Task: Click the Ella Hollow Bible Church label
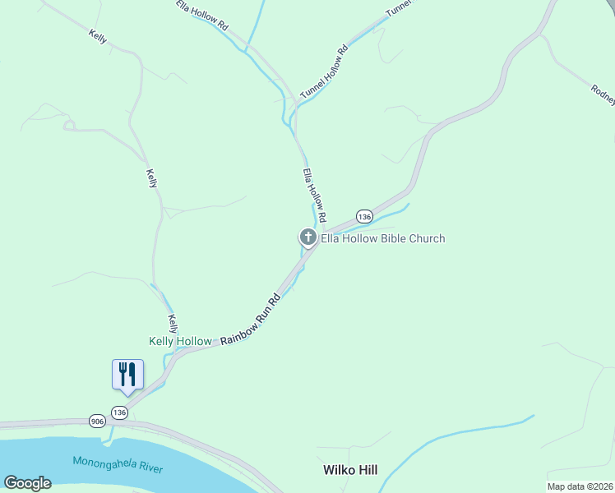click(x=382, y=239)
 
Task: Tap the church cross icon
click(x=308, y=238)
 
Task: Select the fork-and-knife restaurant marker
click(x=127, y=374)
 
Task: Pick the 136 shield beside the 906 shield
click(x=120, y=412)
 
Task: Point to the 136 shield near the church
click(x=364, y=216)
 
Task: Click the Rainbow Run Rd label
click(x=250, y=318)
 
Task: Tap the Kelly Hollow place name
click(x=180, y=341)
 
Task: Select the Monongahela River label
click(x=117, y=464)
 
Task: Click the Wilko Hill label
click(x=349, y=470)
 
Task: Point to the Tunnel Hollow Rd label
click(x=324, y=72)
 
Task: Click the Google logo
click(x=27, y=483)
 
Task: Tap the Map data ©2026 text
click(x=579, y=486)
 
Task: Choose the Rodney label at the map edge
click(x=603, y=94)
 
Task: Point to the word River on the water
click(x=149, y=468)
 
